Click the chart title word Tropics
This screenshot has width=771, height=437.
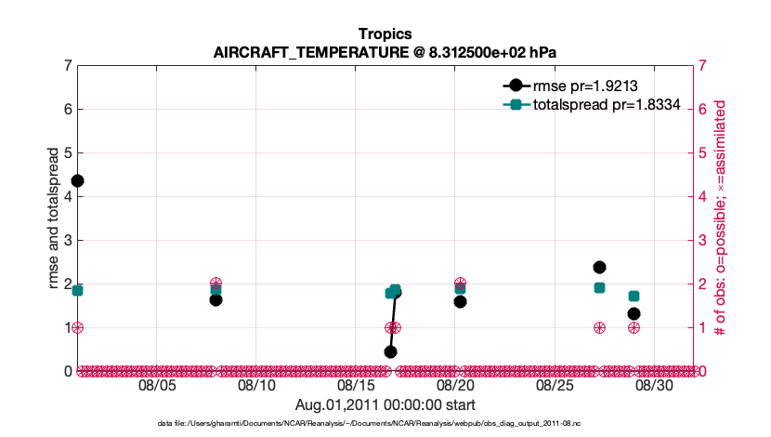pos(385,33)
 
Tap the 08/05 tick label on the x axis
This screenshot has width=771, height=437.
pos(157,384)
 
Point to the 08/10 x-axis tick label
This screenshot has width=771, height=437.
pos(256,384)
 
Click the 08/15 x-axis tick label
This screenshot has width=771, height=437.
pos(356,384)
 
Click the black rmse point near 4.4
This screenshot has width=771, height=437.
pos(78,180)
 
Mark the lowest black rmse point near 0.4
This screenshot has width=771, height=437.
pos(390,351)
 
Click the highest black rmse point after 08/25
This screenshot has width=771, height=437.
pos(599,268)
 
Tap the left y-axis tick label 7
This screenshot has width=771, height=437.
pos(68,66)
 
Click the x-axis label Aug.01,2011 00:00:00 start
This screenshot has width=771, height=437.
pos(385,404)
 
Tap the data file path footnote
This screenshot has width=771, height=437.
pos(385,423)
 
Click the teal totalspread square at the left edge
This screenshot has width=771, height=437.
pos(78,290)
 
